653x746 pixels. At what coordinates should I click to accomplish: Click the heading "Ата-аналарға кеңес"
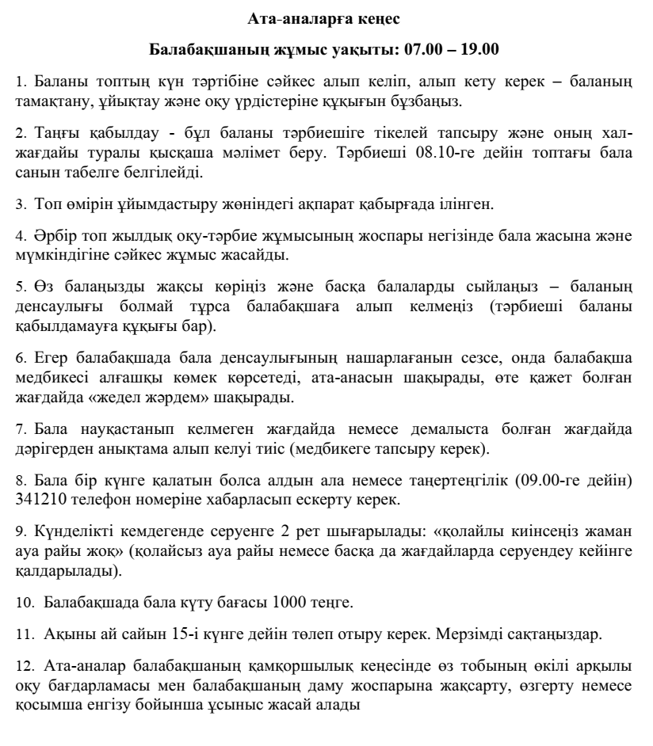326,17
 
